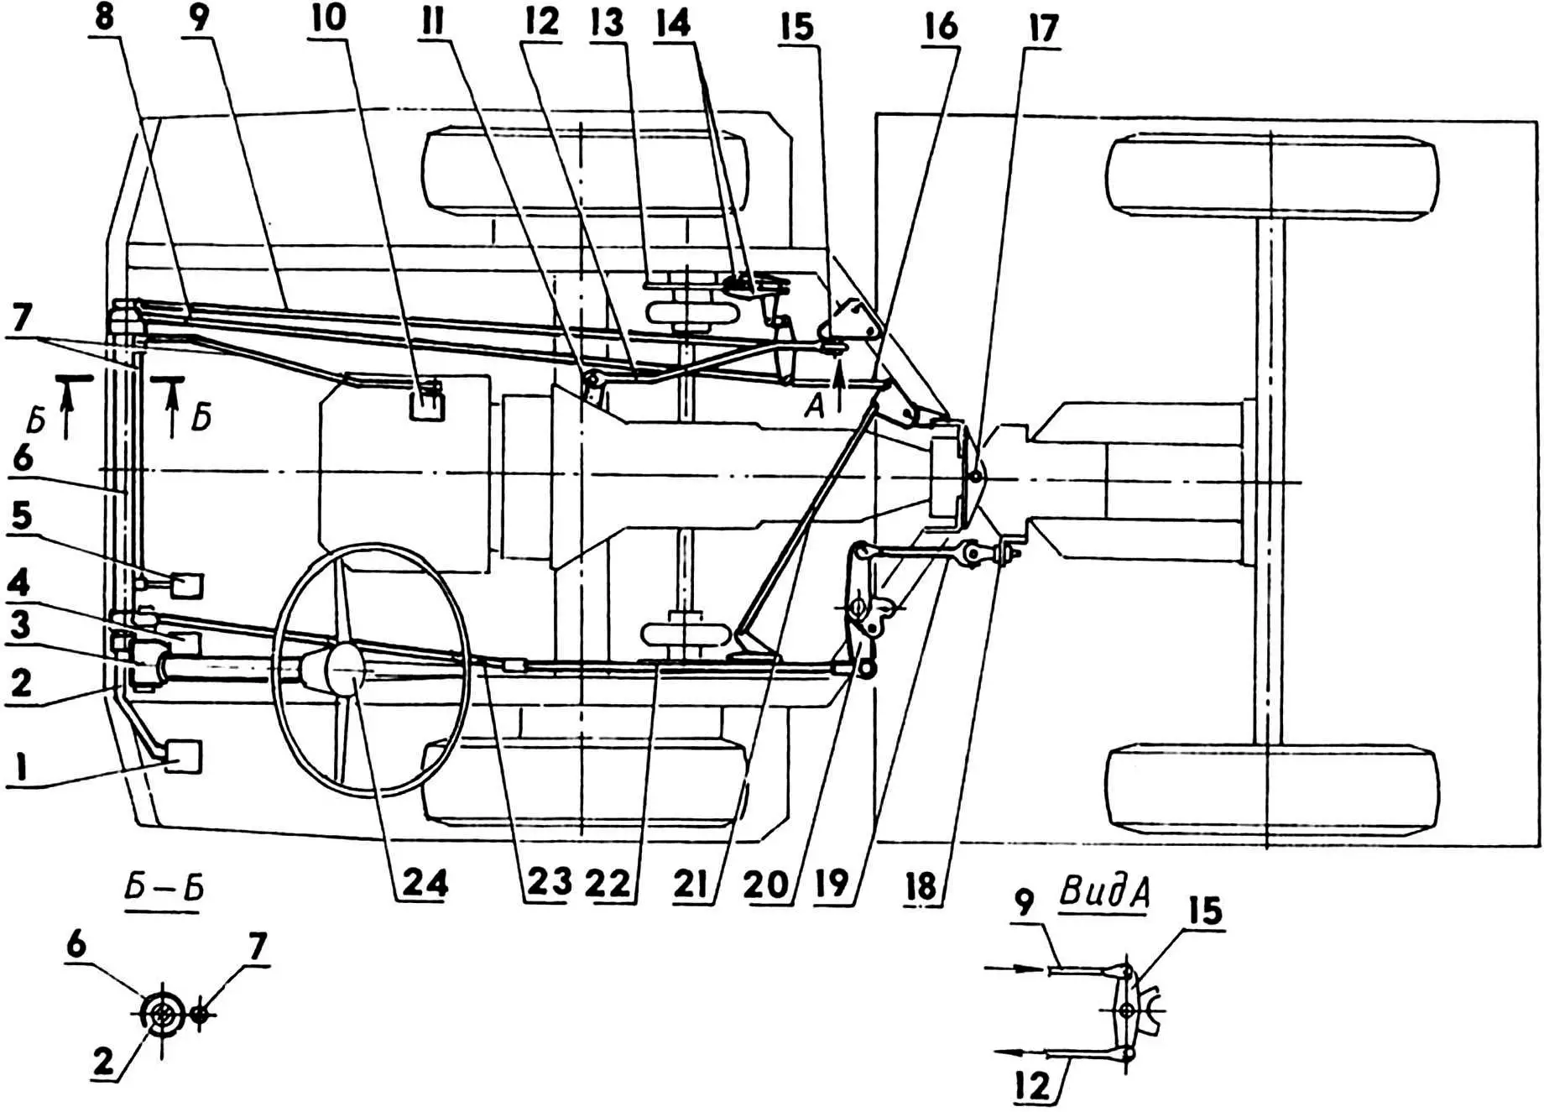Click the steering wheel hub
point(344,670)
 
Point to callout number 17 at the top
point(1043,29)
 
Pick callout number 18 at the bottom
point(921,885)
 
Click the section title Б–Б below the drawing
point(164,889)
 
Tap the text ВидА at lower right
point(1104,891)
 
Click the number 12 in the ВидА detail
point(1033,1085)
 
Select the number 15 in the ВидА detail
point(1205,911)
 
